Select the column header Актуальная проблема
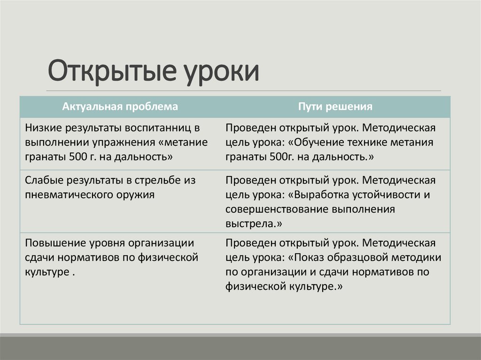120,107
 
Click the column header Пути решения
335,107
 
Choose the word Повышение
54,243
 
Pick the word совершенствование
277,209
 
